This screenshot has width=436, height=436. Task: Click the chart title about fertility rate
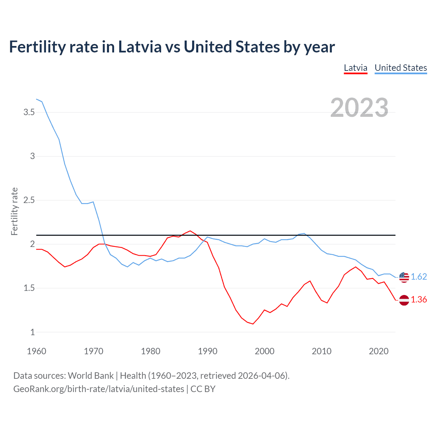point(172,47)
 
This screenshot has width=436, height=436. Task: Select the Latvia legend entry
point(355,68)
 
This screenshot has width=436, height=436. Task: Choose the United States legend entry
point(401,68)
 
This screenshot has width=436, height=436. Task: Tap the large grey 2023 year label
point(359,108)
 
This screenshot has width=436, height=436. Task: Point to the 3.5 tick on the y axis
point(29,112)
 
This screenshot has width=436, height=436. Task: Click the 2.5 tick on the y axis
point(29,200)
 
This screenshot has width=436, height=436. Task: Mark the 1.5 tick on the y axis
point(29,288)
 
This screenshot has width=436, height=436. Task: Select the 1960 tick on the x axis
point(36,351)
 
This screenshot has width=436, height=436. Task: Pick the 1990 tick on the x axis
point(207,351)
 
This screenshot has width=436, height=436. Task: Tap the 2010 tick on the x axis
point(322,351)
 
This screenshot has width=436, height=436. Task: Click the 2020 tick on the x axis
point(378,351)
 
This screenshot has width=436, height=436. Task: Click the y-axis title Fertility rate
point(14,211)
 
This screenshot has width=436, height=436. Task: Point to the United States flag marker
point(404,277)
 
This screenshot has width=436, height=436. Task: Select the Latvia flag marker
point(404,300)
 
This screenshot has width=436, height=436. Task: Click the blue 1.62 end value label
point(419,277)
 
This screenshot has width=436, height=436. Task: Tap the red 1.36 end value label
point(419,299)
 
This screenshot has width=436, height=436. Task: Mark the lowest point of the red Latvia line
point(253,324)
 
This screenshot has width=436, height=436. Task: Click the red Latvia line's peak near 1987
point(190,231)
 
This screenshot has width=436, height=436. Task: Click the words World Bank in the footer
point(91,375)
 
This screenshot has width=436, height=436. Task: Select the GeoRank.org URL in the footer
point(98,389)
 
